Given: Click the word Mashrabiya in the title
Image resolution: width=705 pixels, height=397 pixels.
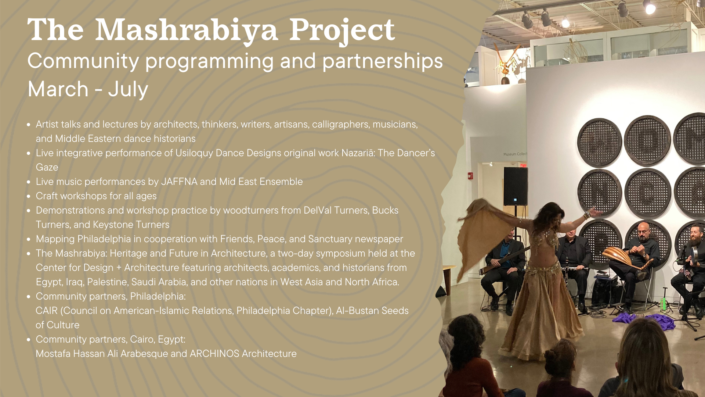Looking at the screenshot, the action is [x=186, y=30].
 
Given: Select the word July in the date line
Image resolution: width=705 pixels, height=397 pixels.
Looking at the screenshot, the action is [x=128, y=89].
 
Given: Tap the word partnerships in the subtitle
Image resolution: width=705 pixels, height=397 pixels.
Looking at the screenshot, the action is [x=383, y=61].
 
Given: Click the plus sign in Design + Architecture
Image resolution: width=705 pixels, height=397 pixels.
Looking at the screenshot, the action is [x=119, y=268].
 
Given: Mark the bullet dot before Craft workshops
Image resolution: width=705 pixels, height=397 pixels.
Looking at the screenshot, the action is [x=29, y=196].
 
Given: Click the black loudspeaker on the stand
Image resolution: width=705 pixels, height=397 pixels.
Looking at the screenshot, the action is [x=516, y=186].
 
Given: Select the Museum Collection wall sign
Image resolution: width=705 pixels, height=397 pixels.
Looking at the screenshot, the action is [x=515, y=154].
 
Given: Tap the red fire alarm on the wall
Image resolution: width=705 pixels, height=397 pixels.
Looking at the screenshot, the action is [x=470, y=176].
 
